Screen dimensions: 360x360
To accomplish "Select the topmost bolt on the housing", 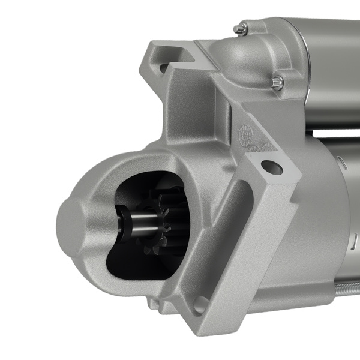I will tap(241, 28).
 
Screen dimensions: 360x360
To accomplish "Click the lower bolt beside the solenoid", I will tap(276, 83).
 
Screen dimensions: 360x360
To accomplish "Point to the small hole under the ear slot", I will tap(163, 68).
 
